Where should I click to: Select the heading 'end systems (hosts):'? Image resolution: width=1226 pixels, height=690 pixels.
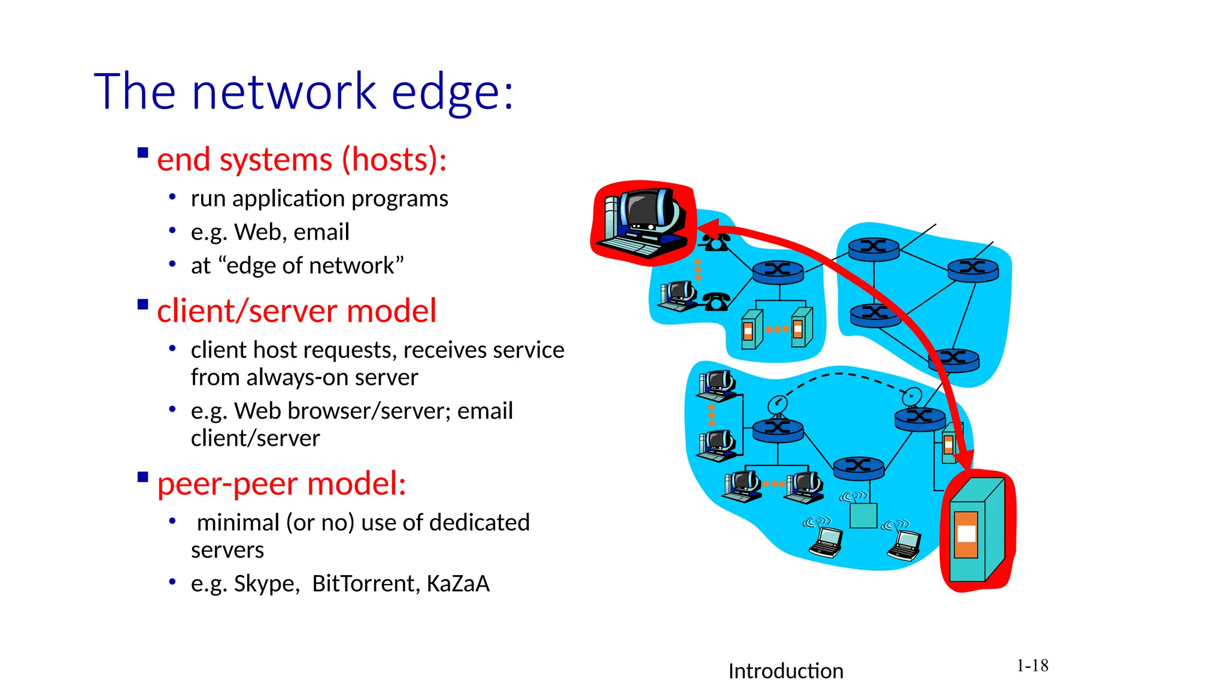302,161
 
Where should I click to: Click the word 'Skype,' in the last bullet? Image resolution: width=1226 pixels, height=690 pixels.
266,584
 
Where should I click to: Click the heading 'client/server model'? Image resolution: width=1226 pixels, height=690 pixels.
296,311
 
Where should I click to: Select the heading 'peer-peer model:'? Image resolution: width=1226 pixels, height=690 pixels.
281,484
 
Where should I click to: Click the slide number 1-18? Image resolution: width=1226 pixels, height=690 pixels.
1032,666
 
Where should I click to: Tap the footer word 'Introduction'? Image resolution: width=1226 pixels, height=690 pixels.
785,671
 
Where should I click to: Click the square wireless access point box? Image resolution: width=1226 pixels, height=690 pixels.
863,515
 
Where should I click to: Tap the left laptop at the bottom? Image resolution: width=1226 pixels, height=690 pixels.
827,542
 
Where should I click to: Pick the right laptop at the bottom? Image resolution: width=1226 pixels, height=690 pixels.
905,545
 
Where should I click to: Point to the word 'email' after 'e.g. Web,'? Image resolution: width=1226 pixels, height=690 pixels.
321,232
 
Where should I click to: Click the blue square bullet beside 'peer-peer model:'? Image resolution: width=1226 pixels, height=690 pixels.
142,477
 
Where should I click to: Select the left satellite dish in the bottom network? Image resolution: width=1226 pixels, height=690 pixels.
777,405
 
